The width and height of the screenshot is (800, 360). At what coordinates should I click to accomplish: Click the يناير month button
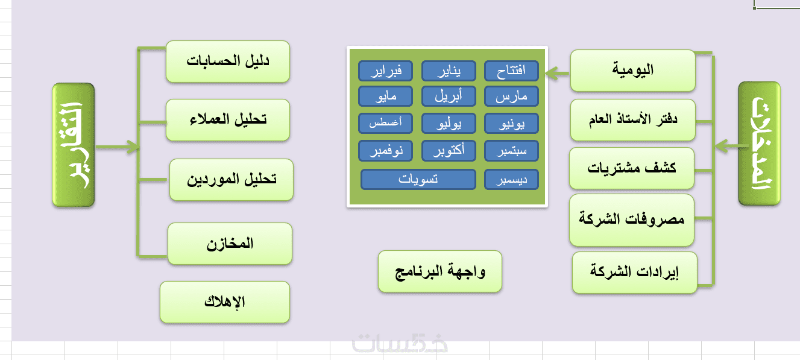448,71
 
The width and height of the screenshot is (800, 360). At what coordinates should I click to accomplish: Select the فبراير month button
385,71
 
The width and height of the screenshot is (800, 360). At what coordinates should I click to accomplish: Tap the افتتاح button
511,71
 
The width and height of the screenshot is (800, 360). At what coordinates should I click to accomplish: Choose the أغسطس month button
385,124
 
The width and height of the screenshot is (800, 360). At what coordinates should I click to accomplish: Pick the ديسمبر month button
511,180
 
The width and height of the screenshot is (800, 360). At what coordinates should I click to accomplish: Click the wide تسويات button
418,180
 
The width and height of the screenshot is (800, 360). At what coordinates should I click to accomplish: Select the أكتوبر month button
448,151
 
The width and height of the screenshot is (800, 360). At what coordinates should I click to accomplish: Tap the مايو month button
385,96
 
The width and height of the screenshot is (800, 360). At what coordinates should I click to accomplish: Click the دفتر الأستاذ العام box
633,120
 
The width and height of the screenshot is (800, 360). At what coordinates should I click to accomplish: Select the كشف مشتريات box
632,168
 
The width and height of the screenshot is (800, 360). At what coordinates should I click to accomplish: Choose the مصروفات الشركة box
632,219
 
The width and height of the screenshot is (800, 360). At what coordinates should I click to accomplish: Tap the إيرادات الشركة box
634,273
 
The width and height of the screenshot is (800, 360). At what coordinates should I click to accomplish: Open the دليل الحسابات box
228,62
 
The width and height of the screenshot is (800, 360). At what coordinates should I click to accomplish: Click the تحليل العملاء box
228,120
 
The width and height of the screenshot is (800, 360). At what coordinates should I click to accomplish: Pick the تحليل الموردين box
231,180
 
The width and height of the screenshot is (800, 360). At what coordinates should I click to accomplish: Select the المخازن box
230,244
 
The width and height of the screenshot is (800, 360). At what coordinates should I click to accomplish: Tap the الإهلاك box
225,302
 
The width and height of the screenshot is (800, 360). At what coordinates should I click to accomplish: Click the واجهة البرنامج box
440,271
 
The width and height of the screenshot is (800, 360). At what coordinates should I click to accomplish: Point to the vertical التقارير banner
74,145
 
